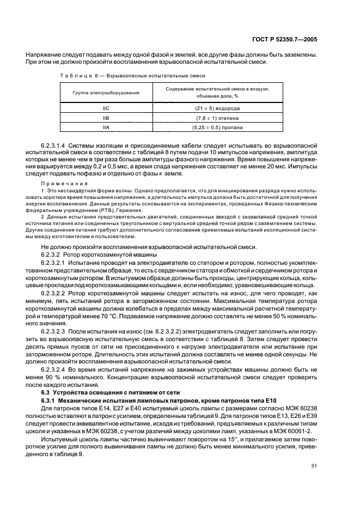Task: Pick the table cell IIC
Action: pyautogui.click(x=106, y=108)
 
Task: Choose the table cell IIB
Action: pyautogui.click(x=106, y=118)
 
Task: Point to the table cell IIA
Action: pyautogui.click(x=106, y=127)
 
